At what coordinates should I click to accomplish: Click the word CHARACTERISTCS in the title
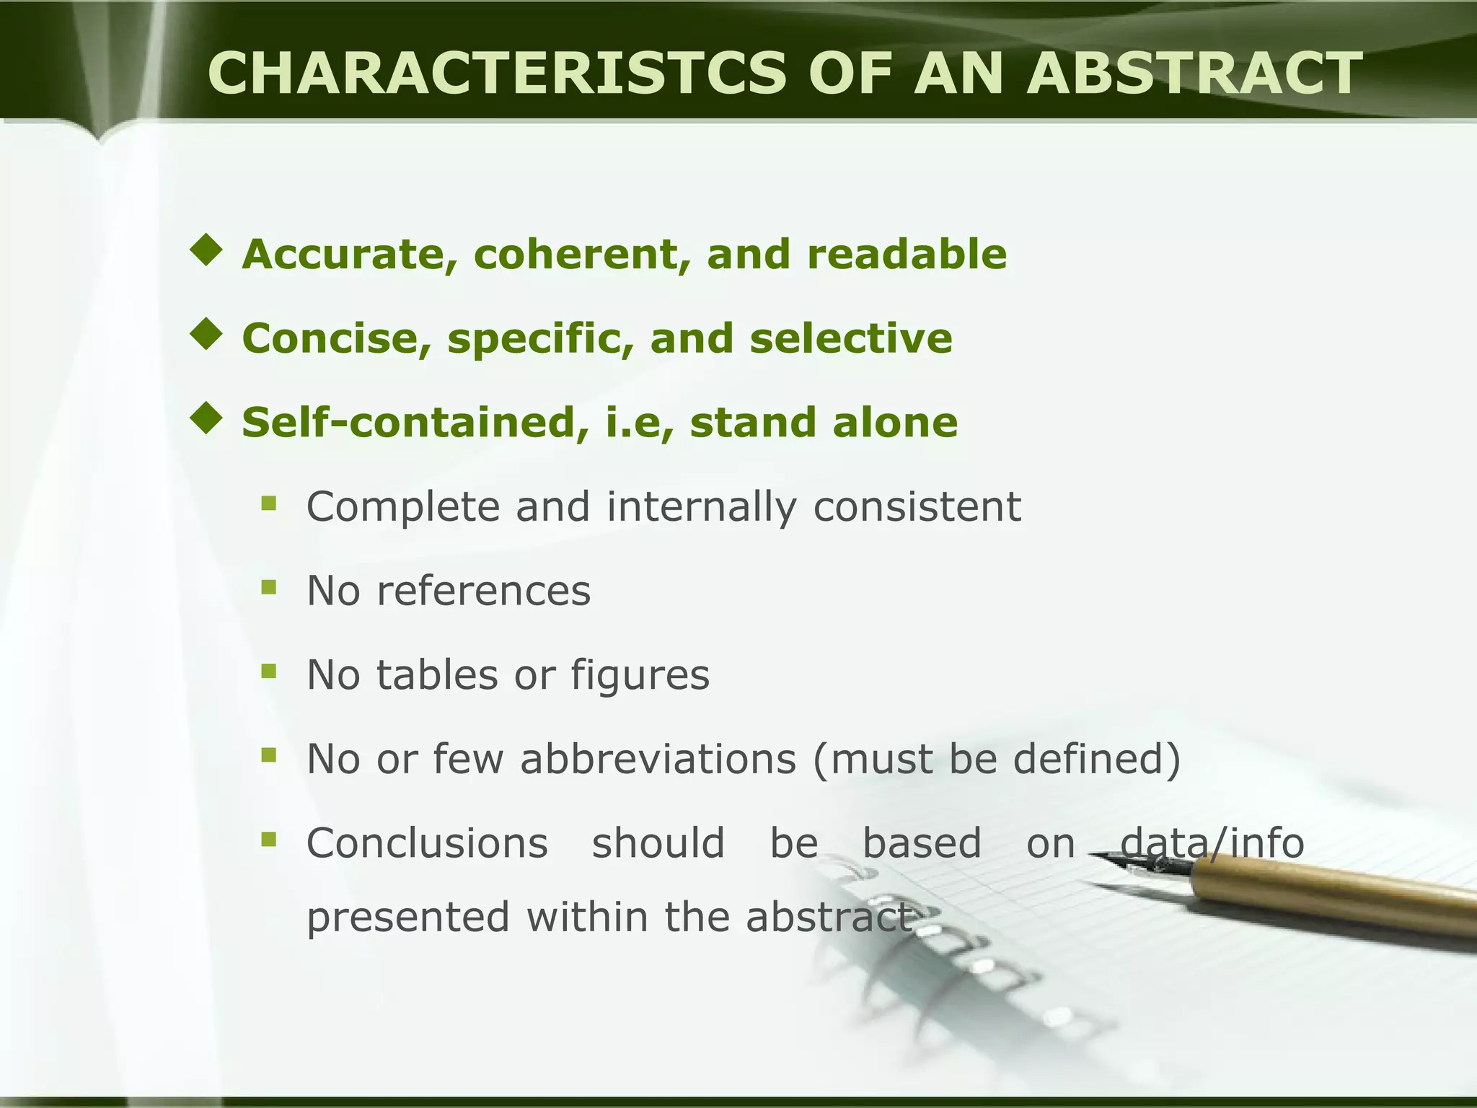point(496,74)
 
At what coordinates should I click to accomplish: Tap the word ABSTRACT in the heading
point(1194,74)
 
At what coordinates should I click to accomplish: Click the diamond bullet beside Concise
point(206,335)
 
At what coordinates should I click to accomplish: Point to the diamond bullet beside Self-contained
point(206,419)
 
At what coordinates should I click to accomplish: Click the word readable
point(907,254)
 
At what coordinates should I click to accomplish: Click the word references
point(484,591)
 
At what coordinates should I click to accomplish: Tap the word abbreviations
point(658,759)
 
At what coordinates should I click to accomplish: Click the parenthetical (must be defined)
point(997,760)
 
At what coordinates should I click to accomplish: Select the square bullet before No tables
point(269,672)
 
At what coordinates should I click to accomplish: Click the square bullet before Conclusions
point(269,840)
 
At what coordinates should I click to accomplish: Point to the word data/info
point(1212,843)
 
